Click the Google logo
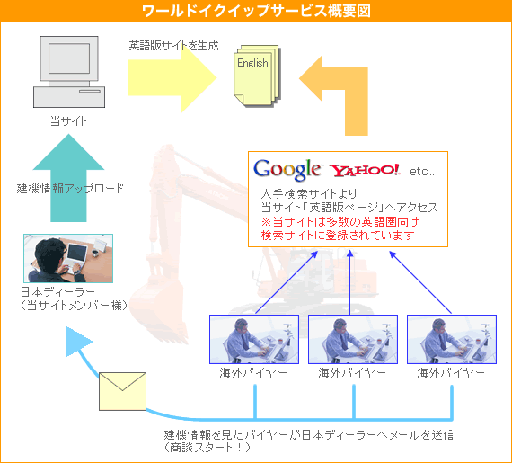coord(287,170)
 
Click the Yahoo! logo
coord(365,170)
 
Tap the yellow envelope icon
coord(122,391)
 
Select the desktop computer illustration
coord(69,72)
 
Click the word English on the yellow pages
coord(252,62)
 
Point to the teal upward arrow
coord(68,178)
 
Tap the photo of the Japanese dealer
coord(68,258)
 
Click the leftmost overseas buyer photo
coord(254,339)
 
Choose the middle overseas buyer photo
coord(353,339)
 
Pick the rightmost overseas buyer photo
coord(452,339)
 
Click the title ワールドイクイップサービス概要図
coord(256,11)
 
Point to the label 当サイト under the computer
coord(68,120)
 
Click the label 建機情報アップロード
coord(70,189)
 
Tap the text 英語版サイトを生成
coord(173,46)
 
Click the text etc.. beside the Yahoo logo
coord(422,171)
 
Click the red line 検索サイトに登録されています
coord(338,235)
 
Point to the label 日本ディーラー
coord(57,291)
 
